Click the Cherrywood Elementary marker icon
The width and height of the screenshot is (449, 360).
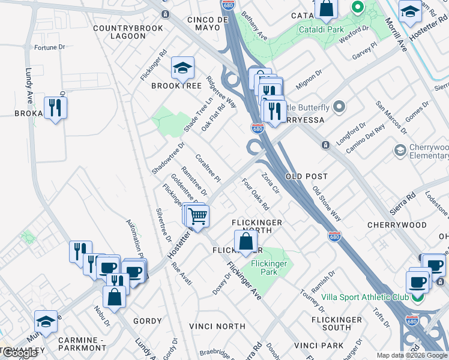point(400,149)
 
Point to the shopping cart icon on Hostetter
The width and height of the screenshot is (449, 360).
point(197,216)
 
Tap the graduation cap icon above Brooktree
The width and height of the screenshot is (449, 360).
point(182,68)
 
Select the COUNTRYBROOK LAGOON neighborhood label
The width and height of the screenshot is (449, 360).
point(119,32)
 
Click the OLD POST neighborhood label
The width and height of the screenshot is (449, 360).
point(307,176)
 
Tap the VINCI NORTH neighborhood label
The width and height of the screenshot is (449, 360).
point(217,326)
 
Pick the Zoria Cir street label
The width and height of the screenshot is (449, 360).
point(271,184)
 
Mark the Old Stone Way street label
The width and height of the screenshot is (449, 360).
point(327,204)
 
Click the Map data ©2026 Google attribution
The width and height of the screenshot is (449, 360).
point(412,355)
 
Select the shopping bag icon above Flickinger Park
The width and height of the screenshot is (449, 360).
point(246,242)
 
